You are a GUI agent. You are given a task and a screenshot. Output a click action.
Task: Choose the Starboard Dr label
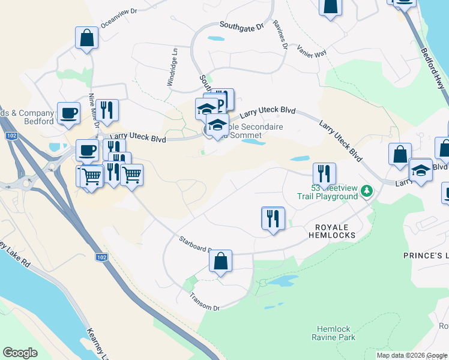(x=195, y=244)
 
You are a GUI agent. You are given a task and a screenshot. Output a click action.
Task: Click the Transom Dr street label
(x=205, y=302)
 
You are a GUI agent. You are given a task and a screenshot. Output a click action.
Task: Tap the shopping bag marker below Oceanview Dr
(x=87, y=38)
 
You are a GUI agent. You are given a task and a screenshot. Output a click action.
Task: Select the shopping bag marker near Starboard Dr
(x=220, y=261)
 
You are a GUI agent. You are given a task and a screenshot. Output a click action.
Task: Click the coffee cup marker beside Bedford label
(x=68, y=113)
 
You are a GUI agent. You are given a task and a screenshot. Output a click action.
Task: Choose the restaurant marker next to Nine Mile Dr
(x=107, y=110)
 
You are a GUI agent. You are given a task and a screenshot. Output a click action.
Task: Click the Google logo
(x=20, y=353)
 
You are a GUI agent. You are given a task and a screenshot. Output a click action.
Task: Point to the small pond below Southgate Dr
(x=214, y=39)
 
